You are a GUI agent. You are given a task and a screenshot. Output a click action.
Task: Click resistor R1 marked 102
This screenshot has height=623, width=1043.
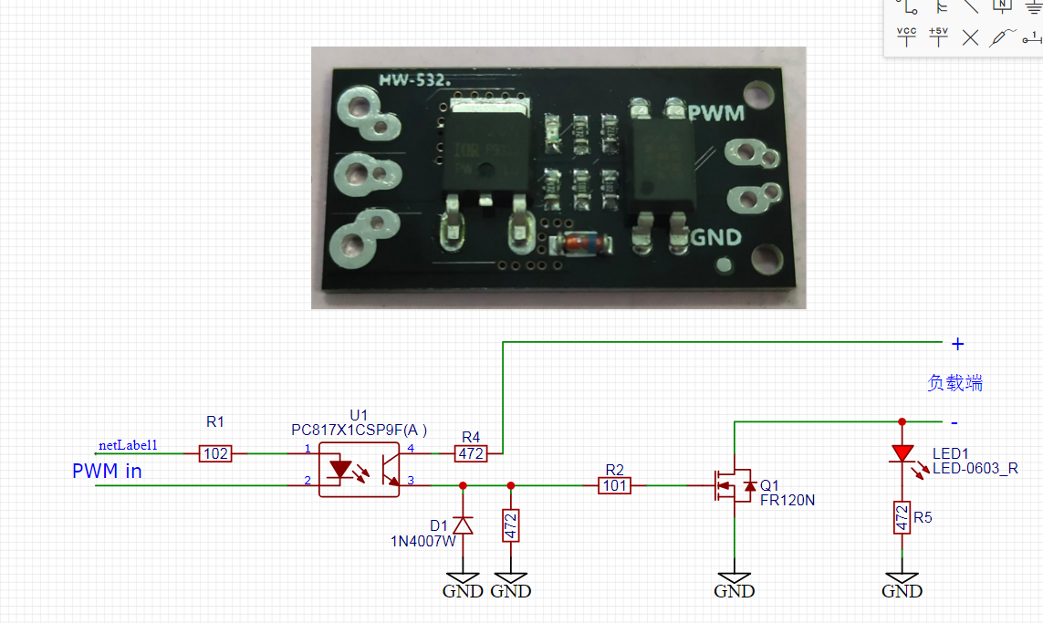pyautogui.click(x=216, y=453)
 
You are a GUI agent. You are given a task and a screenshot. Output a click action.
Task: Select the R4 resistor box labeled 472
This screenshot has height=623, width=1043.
pyautogui.click(x=471, y=452)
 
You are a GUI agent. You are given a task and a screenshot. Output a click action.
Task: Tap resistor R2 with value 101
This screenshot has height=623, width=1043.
pyautogui.click(x=615, y=485)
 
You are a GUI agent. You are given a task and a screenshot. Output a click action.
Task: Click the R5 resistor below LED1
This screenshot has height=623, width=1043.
pyautogui.click(x=902, y=517)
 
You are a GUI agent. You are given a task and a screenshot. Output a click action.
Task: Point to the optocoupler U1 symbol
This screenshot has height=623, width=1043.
pyautogui.click(x=360, y=470)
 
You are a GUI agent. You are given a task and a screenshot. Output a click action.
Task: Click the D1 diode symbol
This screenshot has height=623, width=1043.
pyautogui.click(x=463, y=524)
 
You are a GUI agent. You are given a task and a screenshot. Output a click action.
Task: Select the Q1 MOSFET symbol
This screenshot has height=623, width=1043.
pyautogui.click(x=732, y=485)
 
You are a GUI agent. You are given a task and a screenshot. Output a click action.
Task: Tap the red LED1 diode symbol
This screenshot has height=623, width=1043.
pyautogui.click(x=902, y=453)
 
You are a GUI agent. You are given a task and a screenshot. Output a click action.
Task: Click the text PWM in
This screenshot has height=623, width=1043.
pyautogui.click(x=107, y=472)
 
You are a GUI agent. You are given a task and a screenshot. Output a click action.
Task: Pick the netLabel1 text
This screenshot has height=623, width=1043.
pyautogui.click(x=128, y=445)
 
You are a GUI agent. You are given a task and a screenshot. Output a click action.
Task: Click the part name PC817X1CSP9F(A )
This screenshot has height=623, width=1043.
pyautogui.click(x=360, y=430)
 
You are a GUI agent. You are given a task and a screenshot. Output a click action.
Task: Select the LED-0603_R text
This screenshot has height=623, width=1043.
pyautogui.click(x=975, y=469)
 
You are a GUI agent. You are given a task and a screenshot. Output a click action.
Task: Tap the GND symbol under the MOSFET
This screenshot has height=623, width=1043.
pyautogui.click(x=735, y=583)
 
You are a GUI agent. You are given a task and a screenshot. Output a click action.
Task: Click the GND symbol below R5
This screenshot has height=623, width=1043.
pyautogui.click(x=902, y=583)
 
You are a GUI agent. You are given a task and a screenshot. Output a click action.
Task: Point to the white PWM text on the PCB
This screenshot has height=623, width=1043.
pyautogui.click(x=716, y=113)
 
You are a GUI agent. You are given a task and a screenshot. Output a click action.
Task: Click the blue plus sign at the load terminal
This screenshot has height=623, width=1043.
pyautogui.click(x=957, y=344)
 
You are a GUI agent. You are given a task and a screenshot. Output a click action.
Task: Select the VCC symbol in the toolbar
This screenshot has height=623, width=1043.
pyautogui.click(x=906, y=36)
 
